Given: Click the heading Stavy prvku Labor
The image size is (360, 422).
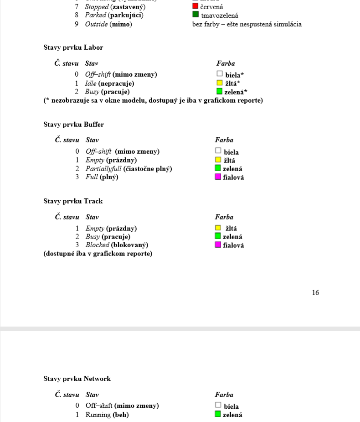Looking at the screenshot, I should [x=73, y=47].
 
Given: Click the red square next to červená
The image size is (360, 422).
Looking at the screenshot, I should [x=195, y=6].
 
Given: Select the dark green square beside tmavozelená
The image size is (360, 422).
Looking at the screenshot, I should [x=195, y=15].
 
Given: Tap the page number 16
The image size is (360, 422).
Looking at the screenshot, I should [x=315, y=293].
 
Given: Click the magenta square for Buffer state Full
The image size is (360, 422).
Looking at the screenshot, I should [x=218, y=177].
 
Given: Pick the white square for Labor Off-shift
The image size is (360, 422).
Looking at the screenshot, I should [x=220, y=73].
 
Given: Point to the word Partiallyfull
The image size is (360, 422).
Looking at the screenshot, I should [x=103, y=169].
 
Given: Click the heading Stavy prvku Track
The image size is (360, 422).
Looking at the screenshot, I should [x=73, y=201].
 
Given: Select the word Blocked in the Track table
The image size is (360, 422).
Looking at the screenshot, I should [x=98, y=245].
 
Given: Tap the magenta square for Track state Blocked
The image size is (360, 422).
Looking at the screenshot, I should [x=218, y=245].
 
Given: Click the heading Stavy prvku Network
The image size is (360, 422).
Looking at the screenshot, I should [x=77, y=379].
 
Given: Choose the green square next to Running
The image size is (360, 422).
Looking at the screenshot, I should [x=218, y=414].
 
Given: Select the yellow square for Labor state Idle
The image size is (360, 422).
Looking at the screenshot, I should [x=220, y=83].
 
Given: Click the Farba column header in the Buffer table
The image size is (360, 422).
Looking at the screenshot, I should [x=224, y=140].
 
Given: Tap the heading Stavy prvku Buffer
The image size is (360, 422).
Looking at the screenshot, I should [x=73, y=125].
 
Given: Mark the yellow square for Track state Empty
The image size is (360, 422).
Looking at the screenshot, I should [x=218, y=228].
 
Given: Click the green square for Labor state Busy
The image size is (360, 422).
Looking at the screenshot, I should [x=220, y=91].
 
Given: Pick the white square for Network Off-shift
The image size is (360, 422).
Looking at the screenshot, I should [x=218, y=405].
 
